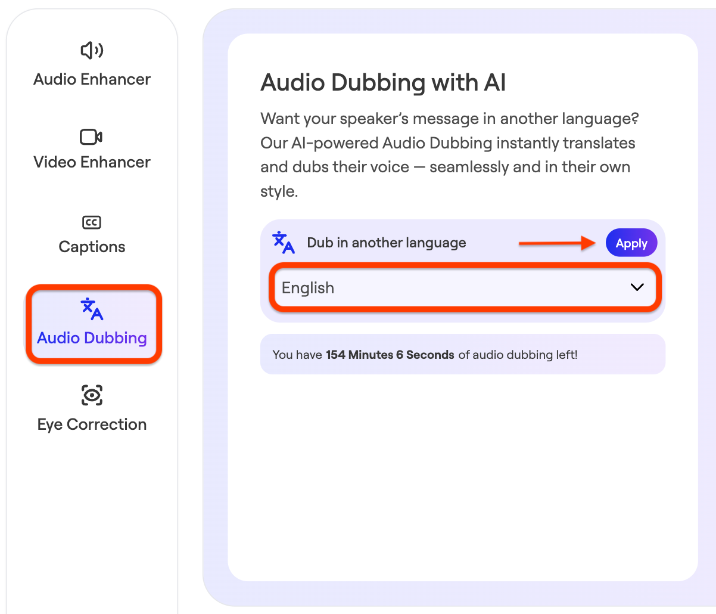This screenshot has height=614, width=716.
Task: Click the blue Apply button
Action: [631, 243]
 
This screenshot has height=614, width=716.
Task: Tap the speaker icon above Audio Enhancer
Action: [92, 51]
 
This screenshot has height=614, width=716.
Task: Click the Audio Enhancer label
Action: [92, 79]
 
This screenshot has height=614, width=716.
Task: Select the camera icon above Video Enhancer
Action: [91, 137]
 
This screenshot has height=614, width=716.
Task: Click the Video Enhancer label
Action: [92, 162]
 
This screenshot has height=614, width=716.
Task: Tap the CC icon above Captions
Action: [92, 222]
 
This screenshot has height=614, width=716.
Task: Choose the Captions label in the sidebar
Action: [92, 247]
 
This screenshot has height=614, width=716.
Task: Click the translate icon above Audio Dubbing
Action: [92, 309]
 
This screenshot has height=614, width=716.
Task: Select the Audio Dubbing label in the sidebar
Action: [92, 338]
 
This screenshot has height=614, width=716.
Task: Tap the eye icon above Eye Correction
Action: [92, 395]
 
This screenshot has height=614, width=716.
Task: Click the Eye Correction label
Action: [92, 424]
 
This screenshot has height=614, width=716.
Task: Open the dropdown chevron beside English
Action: [637, 287]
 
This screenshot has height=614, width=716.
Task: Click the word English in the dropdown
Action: [307, 288]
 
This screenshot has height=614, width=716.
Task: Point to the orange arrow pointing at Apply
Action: [557, 243]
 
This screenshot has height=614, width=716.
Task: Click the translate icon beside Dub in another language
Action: [284, 243]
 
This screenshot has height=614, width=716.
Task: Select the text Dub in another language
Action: [386, 243]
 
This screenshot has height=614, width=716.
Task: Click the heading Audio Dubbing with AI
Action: [383, 83]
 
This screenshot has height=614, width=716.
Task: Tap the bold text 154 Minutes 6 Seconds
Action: [390, 355]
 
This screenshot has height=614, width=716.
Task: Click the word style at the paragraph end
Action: [279, 191]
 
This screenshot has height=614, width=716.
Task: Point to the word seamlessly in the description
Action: [469, 168]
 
